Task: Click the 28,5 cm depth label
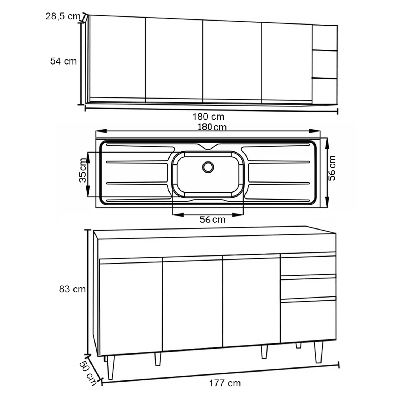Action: [x=63, y=16]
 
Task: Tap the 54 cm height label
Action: [x=63, y=61]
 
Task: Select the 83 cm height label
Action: [x=72, y=289]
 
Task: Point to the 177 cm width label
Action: [x=225, y=383]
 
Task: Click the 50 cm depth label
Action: [x=88, y=373]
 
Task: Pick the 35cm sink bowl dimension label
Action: [x=83, y=170]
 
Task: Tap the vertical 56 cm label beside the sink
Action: [x=332, y=168]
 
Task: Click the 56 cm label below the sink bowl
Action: [x=212, y=220]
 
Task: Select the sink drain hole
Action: [x=208, y=167]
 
